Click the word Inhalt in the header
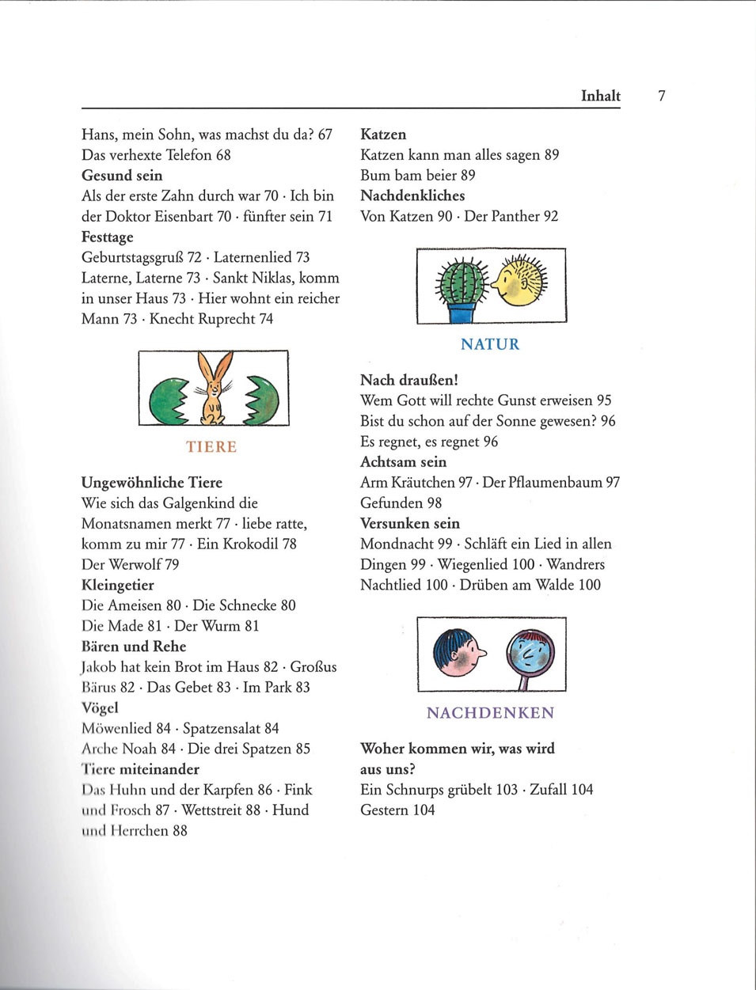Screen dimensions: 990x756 pos(600,96)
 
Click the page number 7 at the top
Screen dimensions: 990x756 pos(662,96)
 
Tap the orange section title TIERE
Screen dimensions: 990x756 pos(211,447)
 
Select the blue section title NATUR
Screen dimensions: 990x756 pos(490,344)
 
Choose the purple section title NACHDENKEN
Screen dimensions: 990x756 pos(490,713)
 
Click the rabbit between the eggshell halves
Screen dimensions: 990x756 pos(214,389)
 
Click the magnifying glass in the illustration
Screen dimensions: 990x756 pos(530,656)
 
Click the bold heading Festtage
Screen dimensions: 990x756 pos(108,237)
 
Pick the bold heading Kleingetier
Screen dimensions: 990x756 pos(118,585)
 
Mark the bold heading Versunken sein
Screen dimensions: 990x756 pos(410,523)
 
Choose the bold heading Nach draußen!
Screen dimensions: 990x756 pos(409,380)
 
